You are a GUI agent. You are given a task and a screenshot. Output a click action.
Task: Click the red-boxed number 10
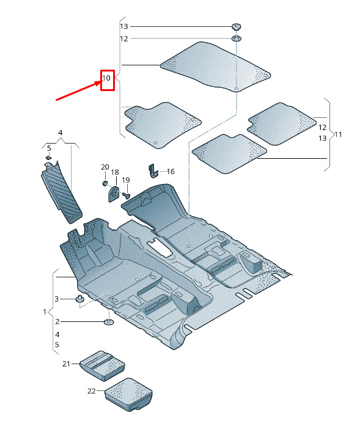coord(106,78)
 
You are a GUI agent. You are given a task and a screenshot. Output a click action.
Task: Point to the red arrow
coord(78,90)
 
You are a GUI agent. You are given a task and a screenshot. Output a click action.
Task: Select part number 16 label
coord(171,172)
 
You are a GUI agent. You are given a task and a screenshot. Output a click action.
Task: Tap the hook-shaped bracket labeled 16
coord(153,171)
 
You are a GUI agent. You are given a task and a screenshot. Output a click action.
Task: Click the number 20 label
coord(105,167)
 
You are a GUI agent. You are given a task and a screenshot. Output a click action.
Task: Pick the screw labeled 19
coord(126,195)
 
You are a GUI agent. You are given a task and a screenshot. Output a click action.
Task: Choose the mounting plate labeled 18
coord(114,194)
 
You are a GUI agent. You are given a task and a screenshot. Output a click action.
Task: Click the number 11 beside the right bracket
coord(338,134)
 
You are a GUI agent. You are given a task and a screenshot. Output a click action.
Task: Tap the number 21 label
coord(66,364)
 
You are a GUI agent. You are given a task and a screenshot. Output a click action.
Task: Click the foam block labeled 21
coord(102,366)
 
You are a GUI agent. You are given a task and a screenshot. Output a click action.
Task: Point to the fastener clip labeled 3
coord(79,299)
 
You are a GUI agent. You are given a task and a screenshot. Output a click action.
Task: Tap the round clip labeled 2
coord(109,322)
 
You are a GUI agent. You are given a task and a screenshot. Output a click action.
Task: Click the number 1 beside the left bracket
coord(45,312)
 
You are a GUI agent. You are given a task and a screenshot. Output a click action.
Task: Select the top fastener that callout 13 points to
coord(237,26)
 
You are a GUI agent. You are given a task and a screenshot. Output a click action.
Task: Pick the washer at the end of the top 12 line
coord(237,38)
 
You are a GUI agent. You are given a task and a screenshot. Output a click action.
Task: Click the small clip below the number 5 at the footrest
coord(48,158)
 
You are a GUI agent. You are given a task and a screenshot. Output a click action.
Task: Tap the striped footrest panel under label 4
coord(61,192)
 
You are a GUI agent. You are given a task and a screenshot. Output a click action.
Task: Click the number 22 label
coord(92,391)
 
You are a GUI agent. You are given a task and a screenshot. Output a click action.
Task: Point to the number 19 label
coord(126,180)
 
